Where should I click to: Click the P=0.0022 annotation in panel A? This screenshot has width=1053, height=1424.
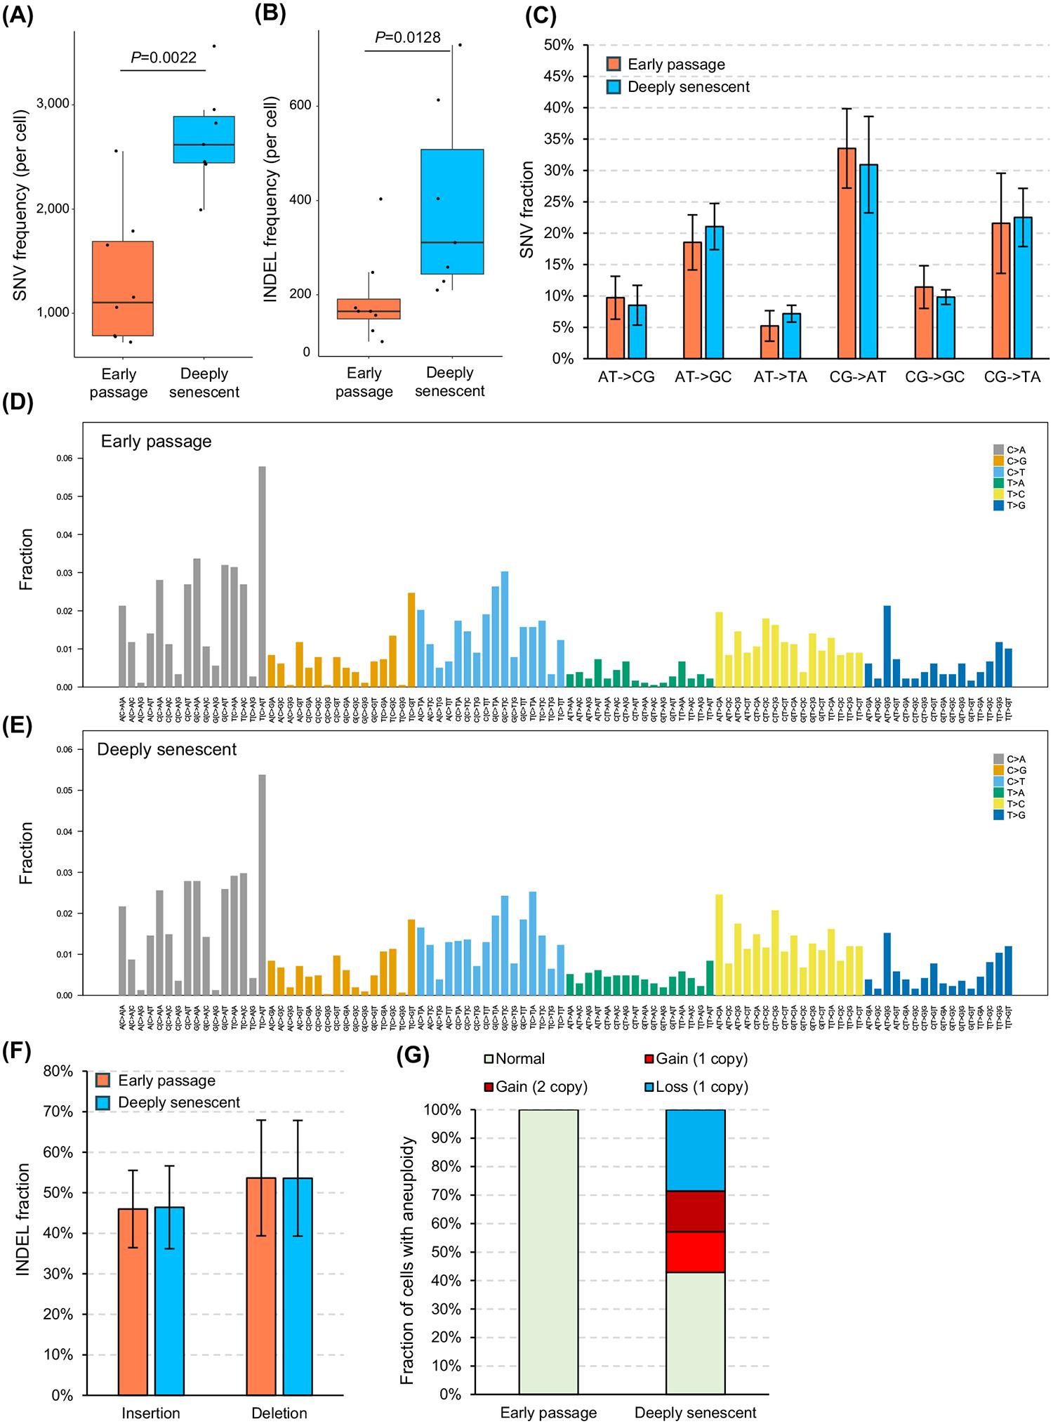click(x=164, y=58)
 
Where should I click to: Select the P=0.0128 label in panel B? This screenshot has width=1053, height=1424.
click(x=407, y=37)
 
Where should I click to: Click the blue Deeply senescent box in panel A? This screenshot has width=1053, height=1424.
click(x=204, y=140)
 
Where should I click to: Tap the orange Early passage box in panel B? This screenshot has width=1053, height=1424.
click(x=369, y=309)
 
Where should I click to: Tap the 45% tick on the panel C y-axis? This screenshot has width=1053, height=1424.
click(x=559, y=77)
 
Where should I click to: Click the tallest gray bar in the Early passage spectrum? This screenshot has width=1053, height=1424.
click(x=262, y=576)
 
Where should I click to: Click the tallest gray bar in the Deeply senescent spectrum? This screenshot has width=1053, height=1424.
click(x=262, y=885)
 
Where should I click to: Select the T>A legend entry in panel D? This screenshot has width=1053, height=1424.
click(x=1015, y=483)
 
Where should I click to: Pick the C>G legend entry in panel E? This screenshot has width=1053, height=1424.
click(x=1015, y=770)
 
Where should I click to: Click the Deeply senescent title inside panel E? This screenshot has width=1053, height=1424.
click(x=167, y=749)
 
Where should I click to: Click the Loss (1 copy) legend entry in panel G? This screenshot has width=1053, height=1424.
click(x=696, y=1086)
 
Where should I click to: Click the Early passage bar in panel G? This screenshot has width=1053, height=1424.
click(x=548, y=1250)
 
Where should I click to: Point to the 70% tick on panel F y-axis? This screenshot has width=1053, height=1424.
click(x=58, y=1112)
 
